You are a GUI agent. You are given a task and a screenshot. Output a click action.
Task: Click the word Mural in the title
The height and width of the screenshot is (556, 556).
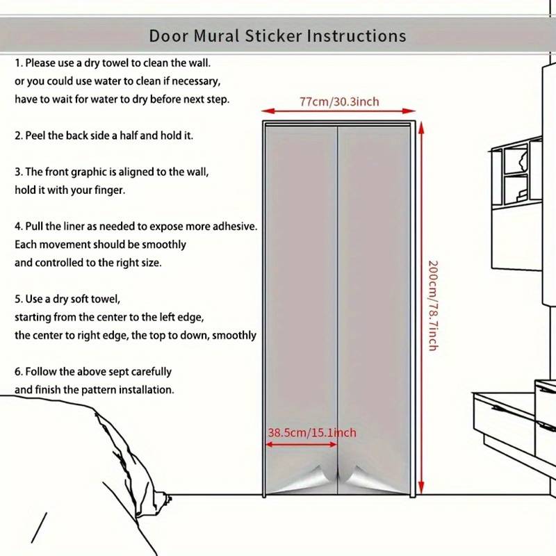(x=216, y=36)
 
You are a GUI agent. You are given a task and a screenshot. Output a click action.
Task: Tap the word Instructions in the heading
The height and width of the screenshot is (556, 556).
(x=357, y=36)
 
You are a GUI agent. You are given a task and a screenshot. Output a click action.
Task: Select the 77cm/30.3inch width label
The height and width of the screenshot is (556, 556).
(x=339, y=101)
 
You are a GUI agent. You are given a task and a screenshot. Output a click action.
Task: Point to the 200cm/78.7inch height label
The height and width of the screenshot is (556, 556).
(x=433, y=306)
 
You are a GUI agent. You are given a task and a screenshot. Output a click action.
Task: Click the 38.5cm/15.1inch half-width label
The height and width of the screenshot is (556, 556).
(x=311, y=432)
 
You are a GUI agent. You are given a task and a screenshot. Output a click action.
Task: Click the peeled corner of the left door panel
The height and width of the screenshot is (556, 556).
(x=312, y=479)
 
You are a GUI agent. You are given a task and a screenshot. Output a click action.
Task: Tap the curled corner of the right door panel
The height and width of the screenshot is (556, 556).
(x=361, y=479)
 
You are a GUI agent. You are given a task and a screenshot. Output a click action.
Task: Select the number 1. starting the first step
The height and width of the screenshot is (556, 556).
(x=19, y=63)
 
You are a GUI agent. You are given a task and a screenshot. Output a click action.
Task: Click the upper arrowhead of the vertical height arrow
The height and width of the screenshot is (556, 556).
(x=421, y=127)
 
